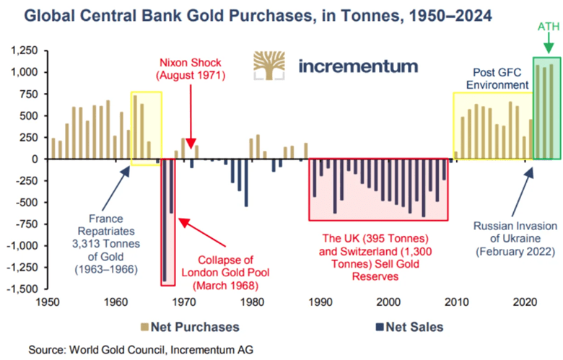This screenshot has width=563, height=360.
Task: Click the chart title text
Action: pos(240,15)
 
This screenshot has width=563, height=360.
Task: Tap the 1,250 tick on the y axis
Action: pos(23,51)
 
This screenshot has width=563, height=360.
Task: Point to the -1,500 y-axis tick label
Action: pos(22,289)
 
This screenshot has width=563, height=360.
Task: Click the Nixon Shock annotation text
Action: pos(191,69)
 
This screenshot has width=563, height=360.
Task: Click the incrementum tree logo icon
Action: pos(270,66)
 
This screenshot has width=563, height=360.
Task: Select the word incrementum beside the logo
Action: pos(357,66)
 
